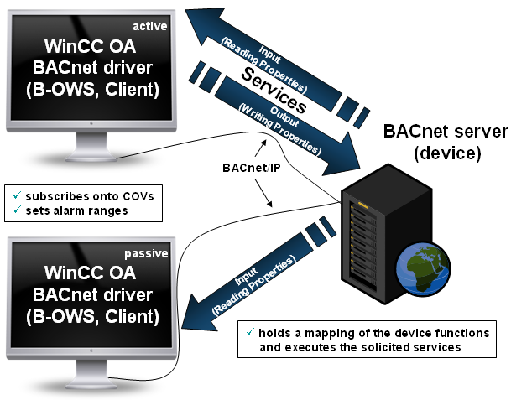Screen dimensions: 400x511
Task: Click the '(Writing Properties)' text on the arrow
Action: [x=280, y=127]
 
